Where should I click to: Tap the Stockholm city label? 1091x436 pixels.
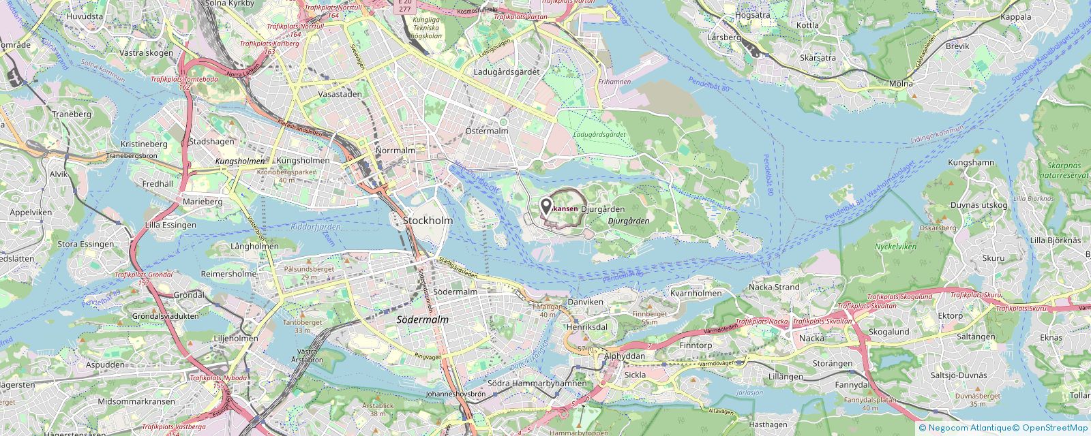point(428,221)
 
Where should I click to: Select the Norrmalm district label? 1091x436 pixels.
point(395,150)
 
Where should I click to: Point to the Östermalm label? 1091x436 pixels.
point(488,129)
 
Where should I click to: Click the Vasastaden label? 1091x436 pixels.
point(340,95)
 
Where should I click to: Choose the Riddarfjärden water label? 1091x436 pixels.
point(315,228)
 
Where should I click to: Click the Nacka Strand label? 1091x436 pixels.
point(774,287)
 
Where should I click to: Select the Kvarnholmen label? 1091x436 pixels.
point(696,293)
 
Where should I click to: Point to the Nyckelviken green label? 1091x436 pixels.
point(895,247)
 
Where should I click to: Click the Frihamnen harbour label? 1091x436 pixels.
point(614,82)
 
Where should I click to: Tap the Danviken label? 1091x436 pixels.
point(585,301)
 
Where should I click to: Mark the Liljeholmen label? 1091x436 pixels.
point(235,338)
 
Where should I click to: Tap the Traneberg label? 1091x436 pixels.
point(72,114)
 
